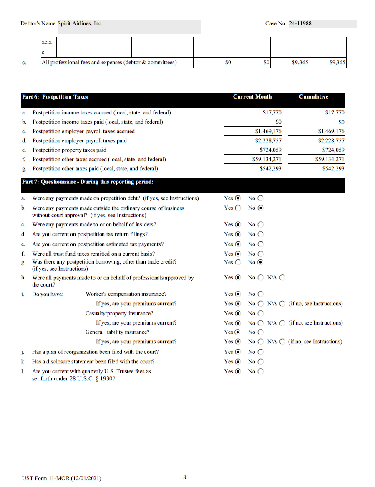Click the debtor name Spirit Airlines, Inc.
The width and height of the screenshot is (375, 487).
coord(80,23)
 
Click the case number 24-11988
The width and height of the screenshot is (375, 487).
coord(300,23)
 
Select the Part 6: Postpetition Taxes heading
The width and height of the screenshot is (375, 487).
coord(55,97)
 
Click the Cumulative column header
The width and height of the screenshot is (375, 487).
coord(313,97)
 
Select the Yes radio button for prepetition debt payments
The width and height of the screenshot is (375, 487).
coord(238,198)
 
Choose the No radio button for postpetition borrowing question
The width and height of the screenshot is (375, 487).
coord(261,262)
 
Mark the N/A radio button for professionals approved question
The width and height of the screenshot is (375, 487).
coord(282,278)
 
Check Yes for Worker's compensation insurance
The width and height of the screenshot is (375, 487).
coord(238,294)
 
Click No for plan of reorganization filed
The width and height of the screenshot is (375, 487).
coord(261,352)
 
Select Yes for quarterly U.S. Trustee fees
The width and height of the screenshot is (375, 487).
coord(238,371)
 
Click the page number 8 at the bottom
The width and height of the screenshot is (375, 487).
coord(184,477)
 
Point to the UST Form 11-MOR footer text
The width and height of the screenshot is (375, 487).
coord(61,478)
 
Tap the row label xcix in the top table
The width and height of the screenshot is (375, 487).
coord(47,42)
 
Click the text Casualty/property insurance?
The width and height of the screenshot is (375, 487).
coord(119,313)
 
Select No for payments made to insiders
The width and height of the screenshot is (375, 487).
coord(261,225)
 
